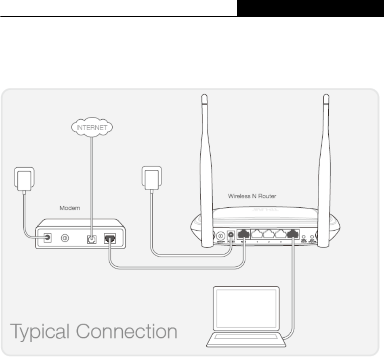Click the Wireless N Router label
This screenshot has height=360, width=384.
[251, 196]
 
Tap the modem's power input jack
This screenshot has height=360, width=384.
[46, 238]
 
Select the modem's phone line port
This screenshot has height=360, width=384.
[91, 239]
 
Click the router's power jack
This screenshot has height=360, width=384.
[231, 235]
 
